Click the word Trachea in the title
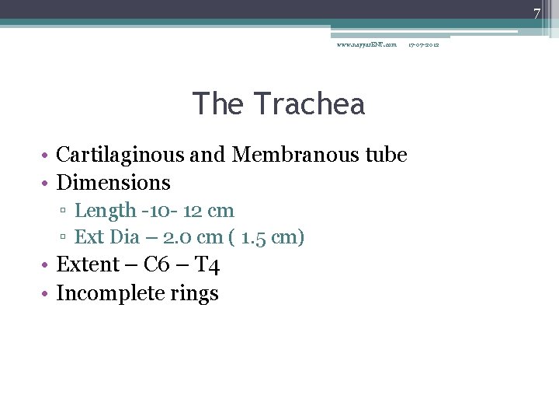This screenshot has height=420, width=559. click(309, 103)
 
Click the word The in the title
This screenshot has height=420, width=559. click(217, 103)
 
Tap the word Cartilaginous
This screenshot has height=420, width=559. click(120, 155)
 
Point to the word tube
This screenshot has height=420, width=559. click(386, 155)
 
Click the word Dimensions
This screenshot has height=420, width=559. click(113, 183)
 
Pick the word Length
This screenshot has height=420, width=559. click(104, 211)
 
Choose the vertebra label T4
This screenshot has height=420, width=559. click(207, 265)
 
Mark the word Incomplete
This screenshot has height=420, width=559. click(104, 294)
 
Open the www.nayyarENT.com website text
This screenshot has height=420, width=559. click(366, 44)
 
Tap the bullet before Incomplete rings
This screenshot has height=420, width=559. click(47, 294)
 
